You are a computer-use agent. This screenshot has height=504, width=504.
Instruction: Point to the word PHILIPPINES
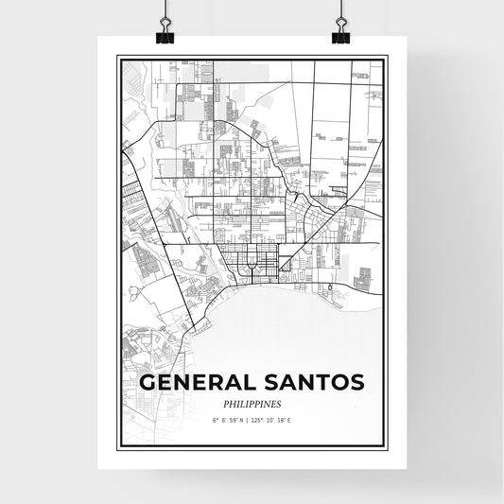(x=252, y=404)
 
